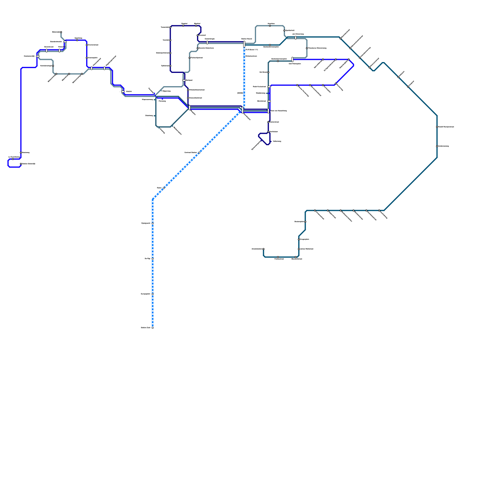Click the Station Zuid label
click(x=146, y=327)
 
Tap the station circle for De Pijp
click(x=153, y=259)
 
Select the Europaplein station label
click(x=146, y=294)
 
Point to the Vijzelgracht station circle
click(x=153, y=224)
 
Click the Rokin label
click(x=159, y=188)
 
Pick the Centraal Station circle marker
click(x=199, y=153)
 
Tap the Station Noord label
click(x=246, y=39)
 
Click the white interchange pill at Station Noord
click(x=244, y=44)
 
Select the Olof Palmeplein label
click(x=295, y=64)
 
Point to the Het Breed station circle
click(x=268, y=72)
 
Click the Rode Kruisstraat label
click(x=259, y=87)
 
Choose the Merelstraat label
click(x=261, y=101)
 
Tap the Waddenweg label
click(x=261, y=93)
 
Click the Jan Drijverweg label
click(x=298, y=34)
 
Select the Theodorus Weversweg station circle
click(x=307, y=48)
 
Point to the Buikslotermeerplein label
click(x=279, y=59)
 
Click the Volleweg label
click(x=277, y=141)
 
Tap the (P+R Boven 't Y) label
click(x=252, y=50)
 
